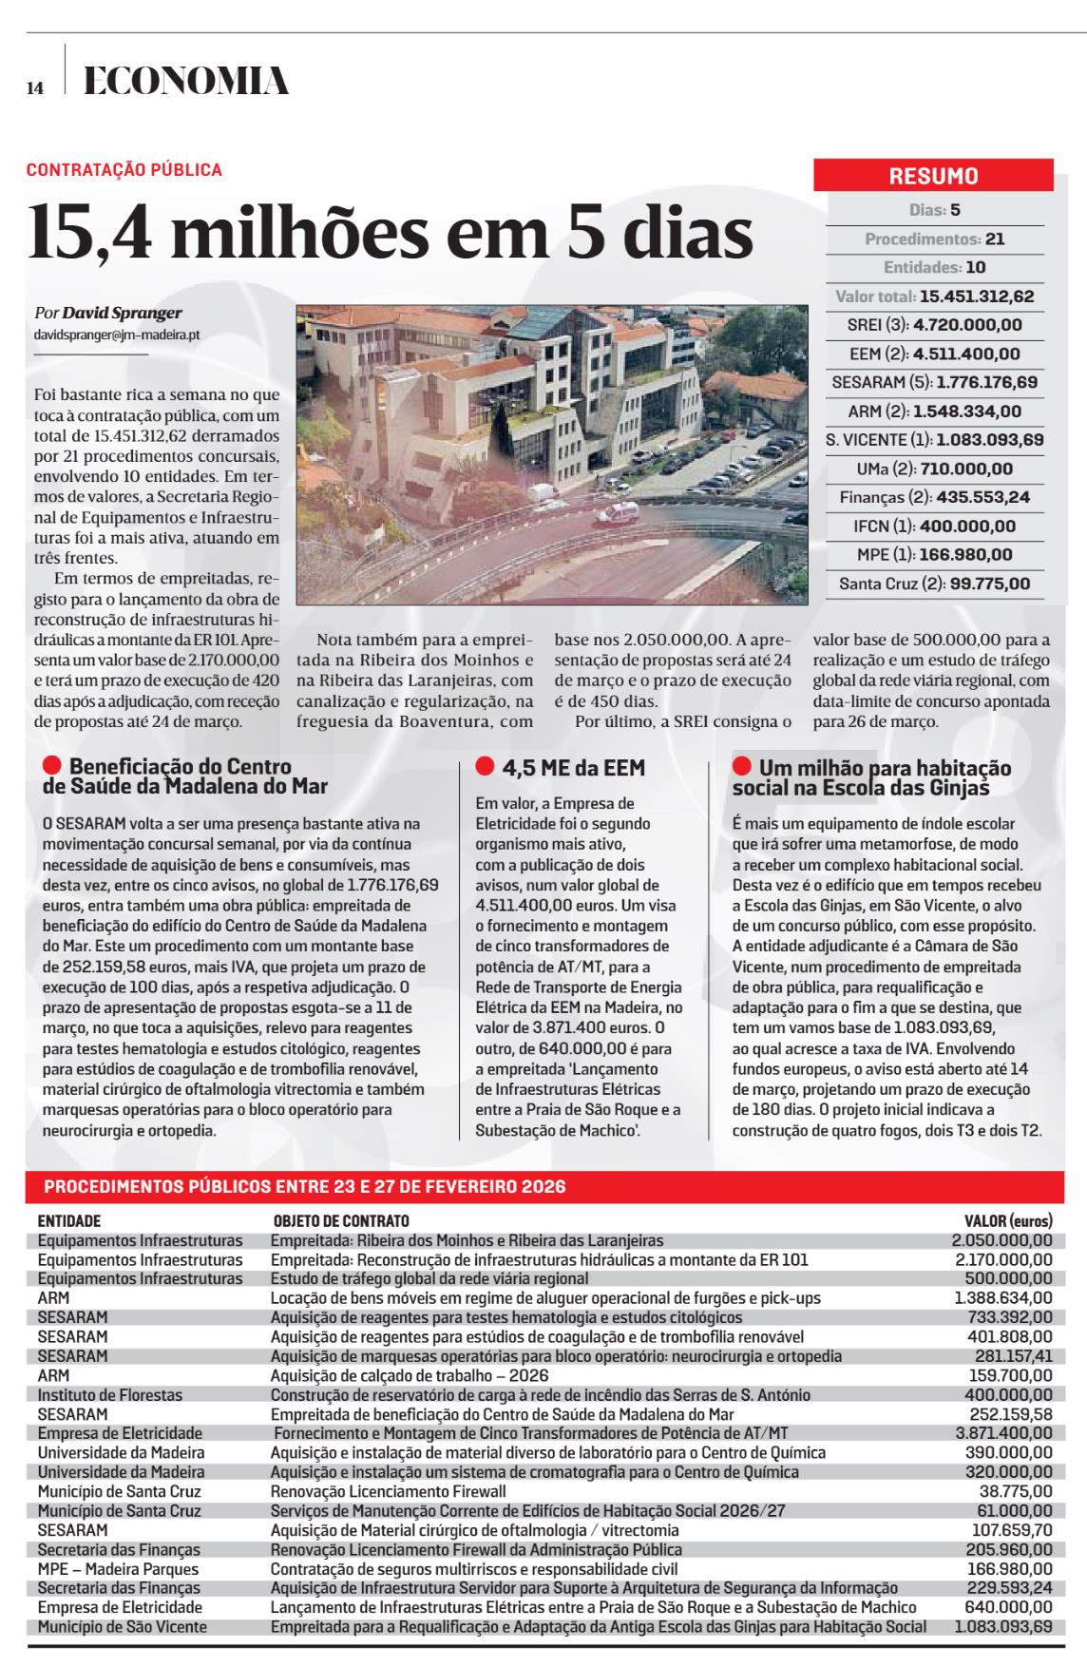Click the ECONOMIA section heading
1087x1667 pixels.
[x=186, y=83]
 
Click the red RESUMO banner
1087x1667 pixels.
[x=933, y=176]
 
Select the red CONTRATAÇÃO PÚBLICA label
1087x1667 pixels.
[x=124, y=170]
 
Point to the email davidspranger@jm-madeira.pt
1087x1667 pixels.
[x=117, y=335]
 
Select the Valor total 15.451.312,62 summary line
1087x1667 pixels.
[x=934, y=297]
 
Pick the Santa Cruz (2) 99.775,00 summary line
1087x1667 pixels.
[x=934, y=584]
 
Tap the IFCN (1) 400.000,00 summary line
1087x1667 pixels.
[x=934, y=526]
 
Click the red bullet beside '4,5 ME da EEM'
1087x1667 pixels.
[x=485, y=766]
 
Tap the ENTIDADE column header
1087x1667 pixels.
[x=69, y=1221]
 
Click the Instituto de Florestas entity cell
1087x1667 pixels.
[x=110, y=1395]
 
